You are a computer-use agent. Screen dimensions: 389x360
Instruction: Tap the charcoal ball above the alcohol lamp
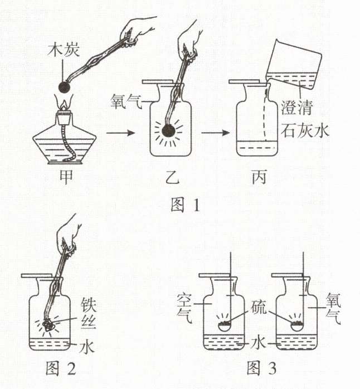(65, 87)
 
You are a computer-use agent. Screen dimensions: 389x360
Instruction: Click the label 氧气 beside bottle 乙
(125, 101)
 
